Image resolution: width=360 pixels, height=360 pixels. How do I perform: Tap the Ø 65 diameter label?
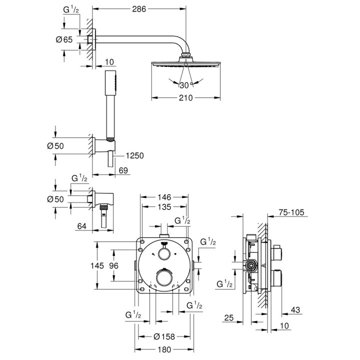(65, 39)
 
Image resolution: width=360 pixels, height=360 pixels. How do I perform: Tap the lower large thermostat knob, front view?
(163, 277)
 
